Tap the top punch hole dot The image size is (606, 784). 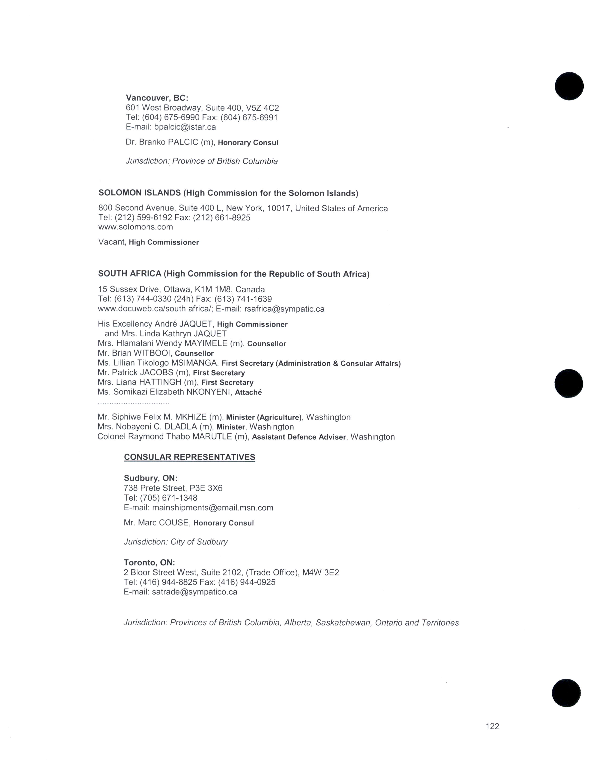tap(569, 86)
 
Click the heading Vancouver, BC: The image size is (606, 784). tap(157, 98)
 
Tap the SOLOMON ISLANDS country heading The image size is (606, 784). tap(140, 193)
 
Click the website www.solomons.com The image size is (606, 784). tap(135, 227)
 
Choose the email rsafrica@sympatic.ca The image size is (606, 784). tap(284, 309)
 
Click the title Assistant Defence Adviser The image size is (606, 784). tap(299, 437)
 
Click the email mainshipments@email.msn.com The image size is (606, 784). tap(212, 508)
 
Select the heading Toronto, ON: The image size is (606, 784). tap(149, 563)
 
